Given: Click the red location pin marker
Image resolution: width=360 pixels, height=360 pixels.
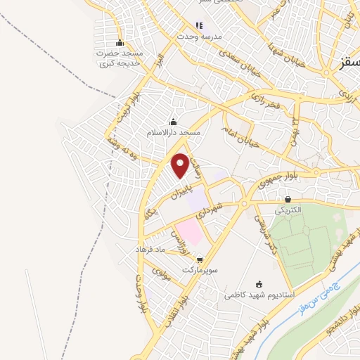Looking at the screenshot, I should tap(181, 165).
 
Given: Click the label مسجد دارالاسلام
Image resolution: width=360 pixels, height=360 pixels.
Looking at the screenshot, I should tap(174, 132).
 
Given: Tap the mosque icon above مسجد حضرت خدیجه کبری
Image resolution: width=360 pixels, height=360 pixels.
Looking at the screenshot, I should tap(120, 41).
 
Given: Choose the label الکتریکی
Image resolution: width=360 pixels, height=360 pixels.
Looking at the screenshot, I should tap(288, 210).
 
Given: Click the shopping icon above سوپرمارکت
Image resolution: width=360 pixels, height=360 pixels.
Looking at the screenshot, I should tap(200, 259).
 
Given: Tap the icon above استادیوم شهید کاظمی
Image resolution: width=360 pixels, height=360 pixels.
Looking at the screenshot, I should tap(259, 284).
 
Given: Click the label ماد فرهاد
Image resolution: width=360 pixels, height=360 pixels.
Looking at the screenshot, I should tap(150, 250).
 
